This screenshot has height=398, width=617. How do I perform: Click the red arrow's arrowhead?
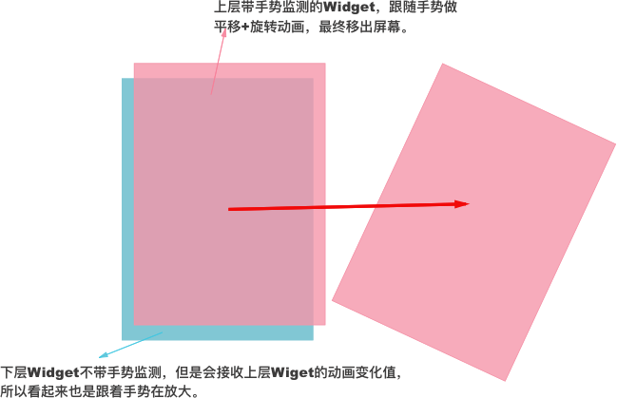click(466, 203)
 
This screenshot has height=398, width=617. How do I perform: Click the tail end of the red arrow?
click(230, 209)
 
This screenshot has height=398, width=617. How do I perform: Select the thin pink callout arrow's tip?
click(225, 29)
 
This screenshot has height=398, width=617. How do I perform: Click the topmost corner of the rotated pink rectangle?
click(443, 64)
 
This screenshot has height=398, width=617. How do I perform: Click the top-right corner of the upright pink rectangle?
click(325, 64)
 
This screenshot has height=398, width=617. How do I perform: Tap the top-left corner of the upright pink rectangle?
click(134, 64)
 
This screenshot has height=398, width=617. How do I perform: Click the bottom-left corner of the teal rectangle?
click(123, 339)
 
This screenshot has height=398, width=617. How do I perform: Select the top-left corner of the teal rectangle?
click(123, 79)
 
